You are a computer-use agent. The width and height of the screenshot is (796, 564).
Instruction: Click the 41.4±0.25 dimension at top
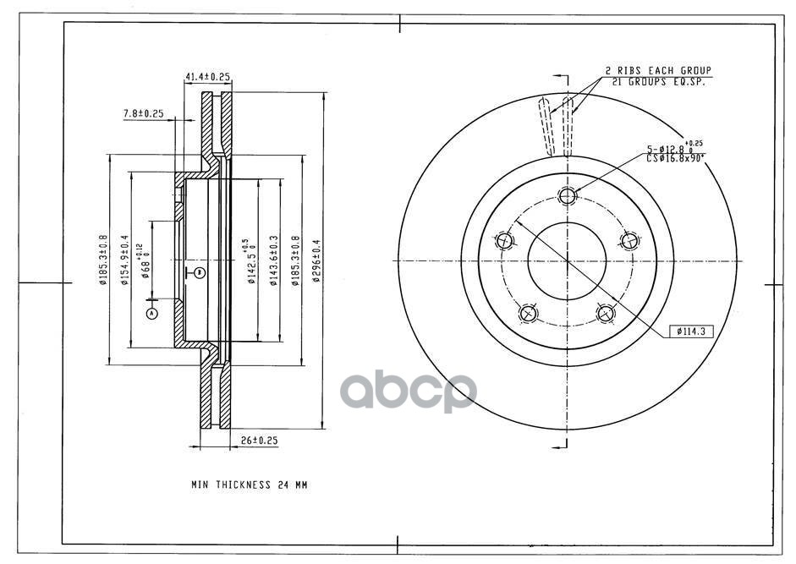click(x=207, y=77)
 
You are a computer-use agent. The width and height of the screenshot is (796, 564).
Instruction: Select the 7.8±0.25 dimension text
click(x=143, y=112)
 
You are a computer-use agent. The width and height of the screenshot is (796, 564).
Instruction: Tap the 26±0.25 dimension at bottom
click(x=260, y=441)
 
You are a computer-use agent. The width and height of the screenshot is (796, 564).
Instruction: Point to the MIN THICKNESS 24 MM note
click(x=249, y=485)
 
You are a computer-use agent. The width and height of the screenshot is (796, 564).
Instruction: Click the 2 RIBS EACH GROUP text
click(x=657, y=70)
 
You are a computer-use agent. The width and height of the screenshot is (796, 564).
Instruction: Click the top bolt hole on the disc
click(x=567, y=196)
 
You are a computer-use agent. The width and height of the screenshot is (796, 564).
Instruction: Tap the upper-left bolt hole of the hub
click(x=505, y=241)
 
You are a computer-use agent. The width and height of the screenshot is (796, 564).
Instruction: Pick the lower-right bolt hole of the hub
click(x=605, y=314)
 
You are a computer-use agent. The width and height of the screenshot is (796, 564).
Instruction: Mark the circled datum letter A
click(x=152, y=313)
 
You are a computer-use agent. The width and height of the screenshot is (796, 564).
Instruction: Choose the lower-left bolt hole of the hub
click(x=529, y=314)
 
